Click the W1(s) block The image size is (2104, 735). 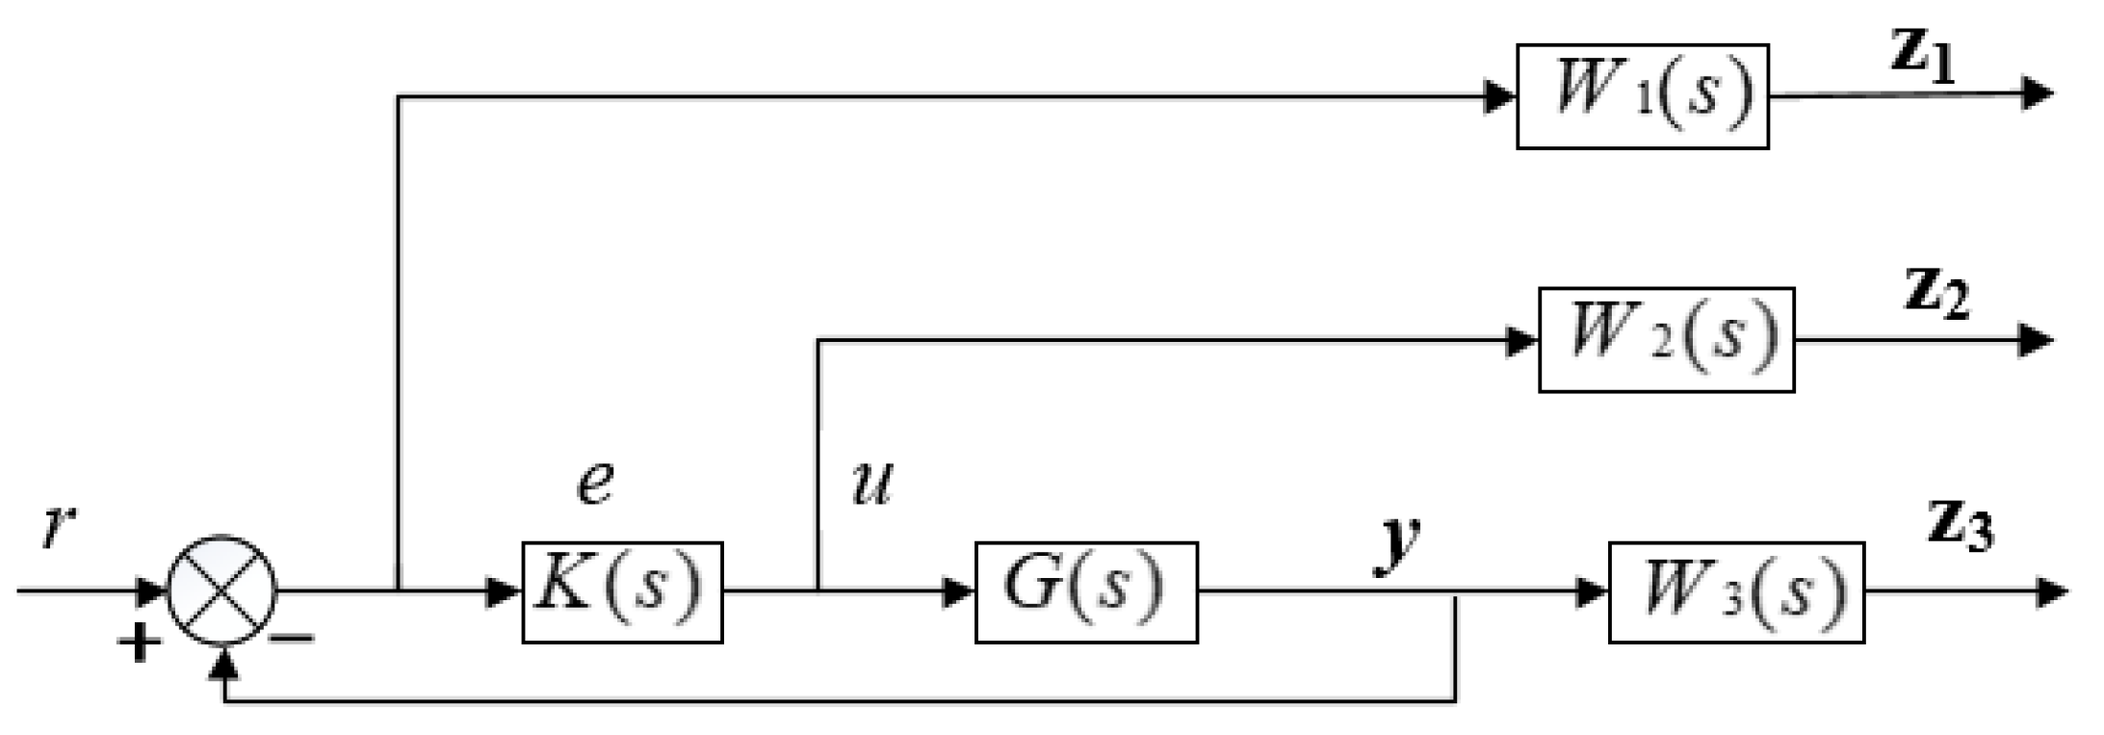pos(1642,96)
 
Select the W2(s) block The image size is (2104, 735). pos(1666,339)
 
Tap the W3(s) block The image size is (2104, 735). pos(1736,591)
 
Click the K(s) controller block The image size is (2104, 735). pos(622,591)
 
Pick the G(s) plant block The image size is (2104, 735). pos(1086,591)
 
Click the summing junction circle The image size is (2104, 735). pos(222,591)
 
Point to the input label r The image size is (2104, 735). pos(58,527)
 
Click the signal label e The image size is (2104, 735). pos(594,482)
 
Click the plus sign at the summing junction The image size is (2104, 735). pos(140,642)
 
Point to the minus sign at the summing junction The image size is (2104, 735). pos(292,638)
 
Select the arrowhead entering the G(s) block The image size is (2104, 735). pos(958,591)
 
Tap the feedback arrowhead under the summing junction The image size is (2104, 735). pos(224,662)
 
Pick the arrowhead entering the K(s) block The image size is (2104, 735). pos(505,591)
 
